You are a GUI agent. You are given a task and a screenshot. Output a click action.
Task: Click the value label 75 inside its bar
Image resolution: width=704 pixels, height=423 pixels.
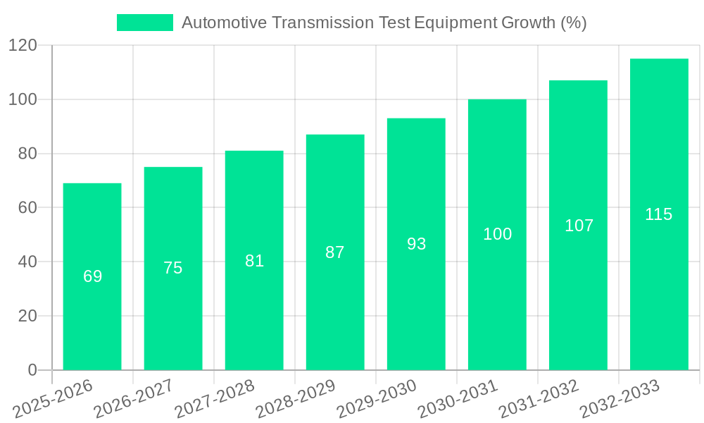point(173,268)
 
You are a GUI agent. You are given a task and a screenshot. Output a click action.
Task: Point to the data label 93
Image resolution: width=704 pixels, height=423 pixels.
point(417,244)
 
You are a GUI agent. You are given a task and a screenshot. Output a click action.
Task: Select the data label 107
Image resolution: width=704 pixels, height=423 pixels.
point(579,226)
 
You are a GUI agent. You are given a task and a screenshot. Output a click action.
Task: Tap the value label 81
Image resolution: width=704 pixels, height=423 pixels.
point(254,261)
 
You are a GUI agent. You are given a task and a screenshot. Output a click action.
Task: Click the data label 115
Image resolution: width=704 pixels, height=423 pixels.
point(659,214)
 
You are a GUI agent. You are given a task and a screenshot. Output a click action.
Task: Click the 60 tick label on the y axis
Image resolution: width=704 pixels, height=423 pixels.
point(27,208)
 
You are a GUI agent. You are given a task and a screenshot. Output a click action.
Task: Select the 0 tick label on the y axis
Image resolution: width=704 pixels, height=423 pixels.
point(32,370)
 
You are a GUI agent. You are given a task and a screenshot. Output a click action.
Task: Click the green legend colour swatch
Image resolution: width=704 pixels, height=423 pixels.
point(144,23)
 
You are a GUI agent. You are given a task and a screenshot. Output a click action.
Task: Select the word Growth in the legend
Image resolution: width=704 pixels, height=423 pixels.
point(528,23)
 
